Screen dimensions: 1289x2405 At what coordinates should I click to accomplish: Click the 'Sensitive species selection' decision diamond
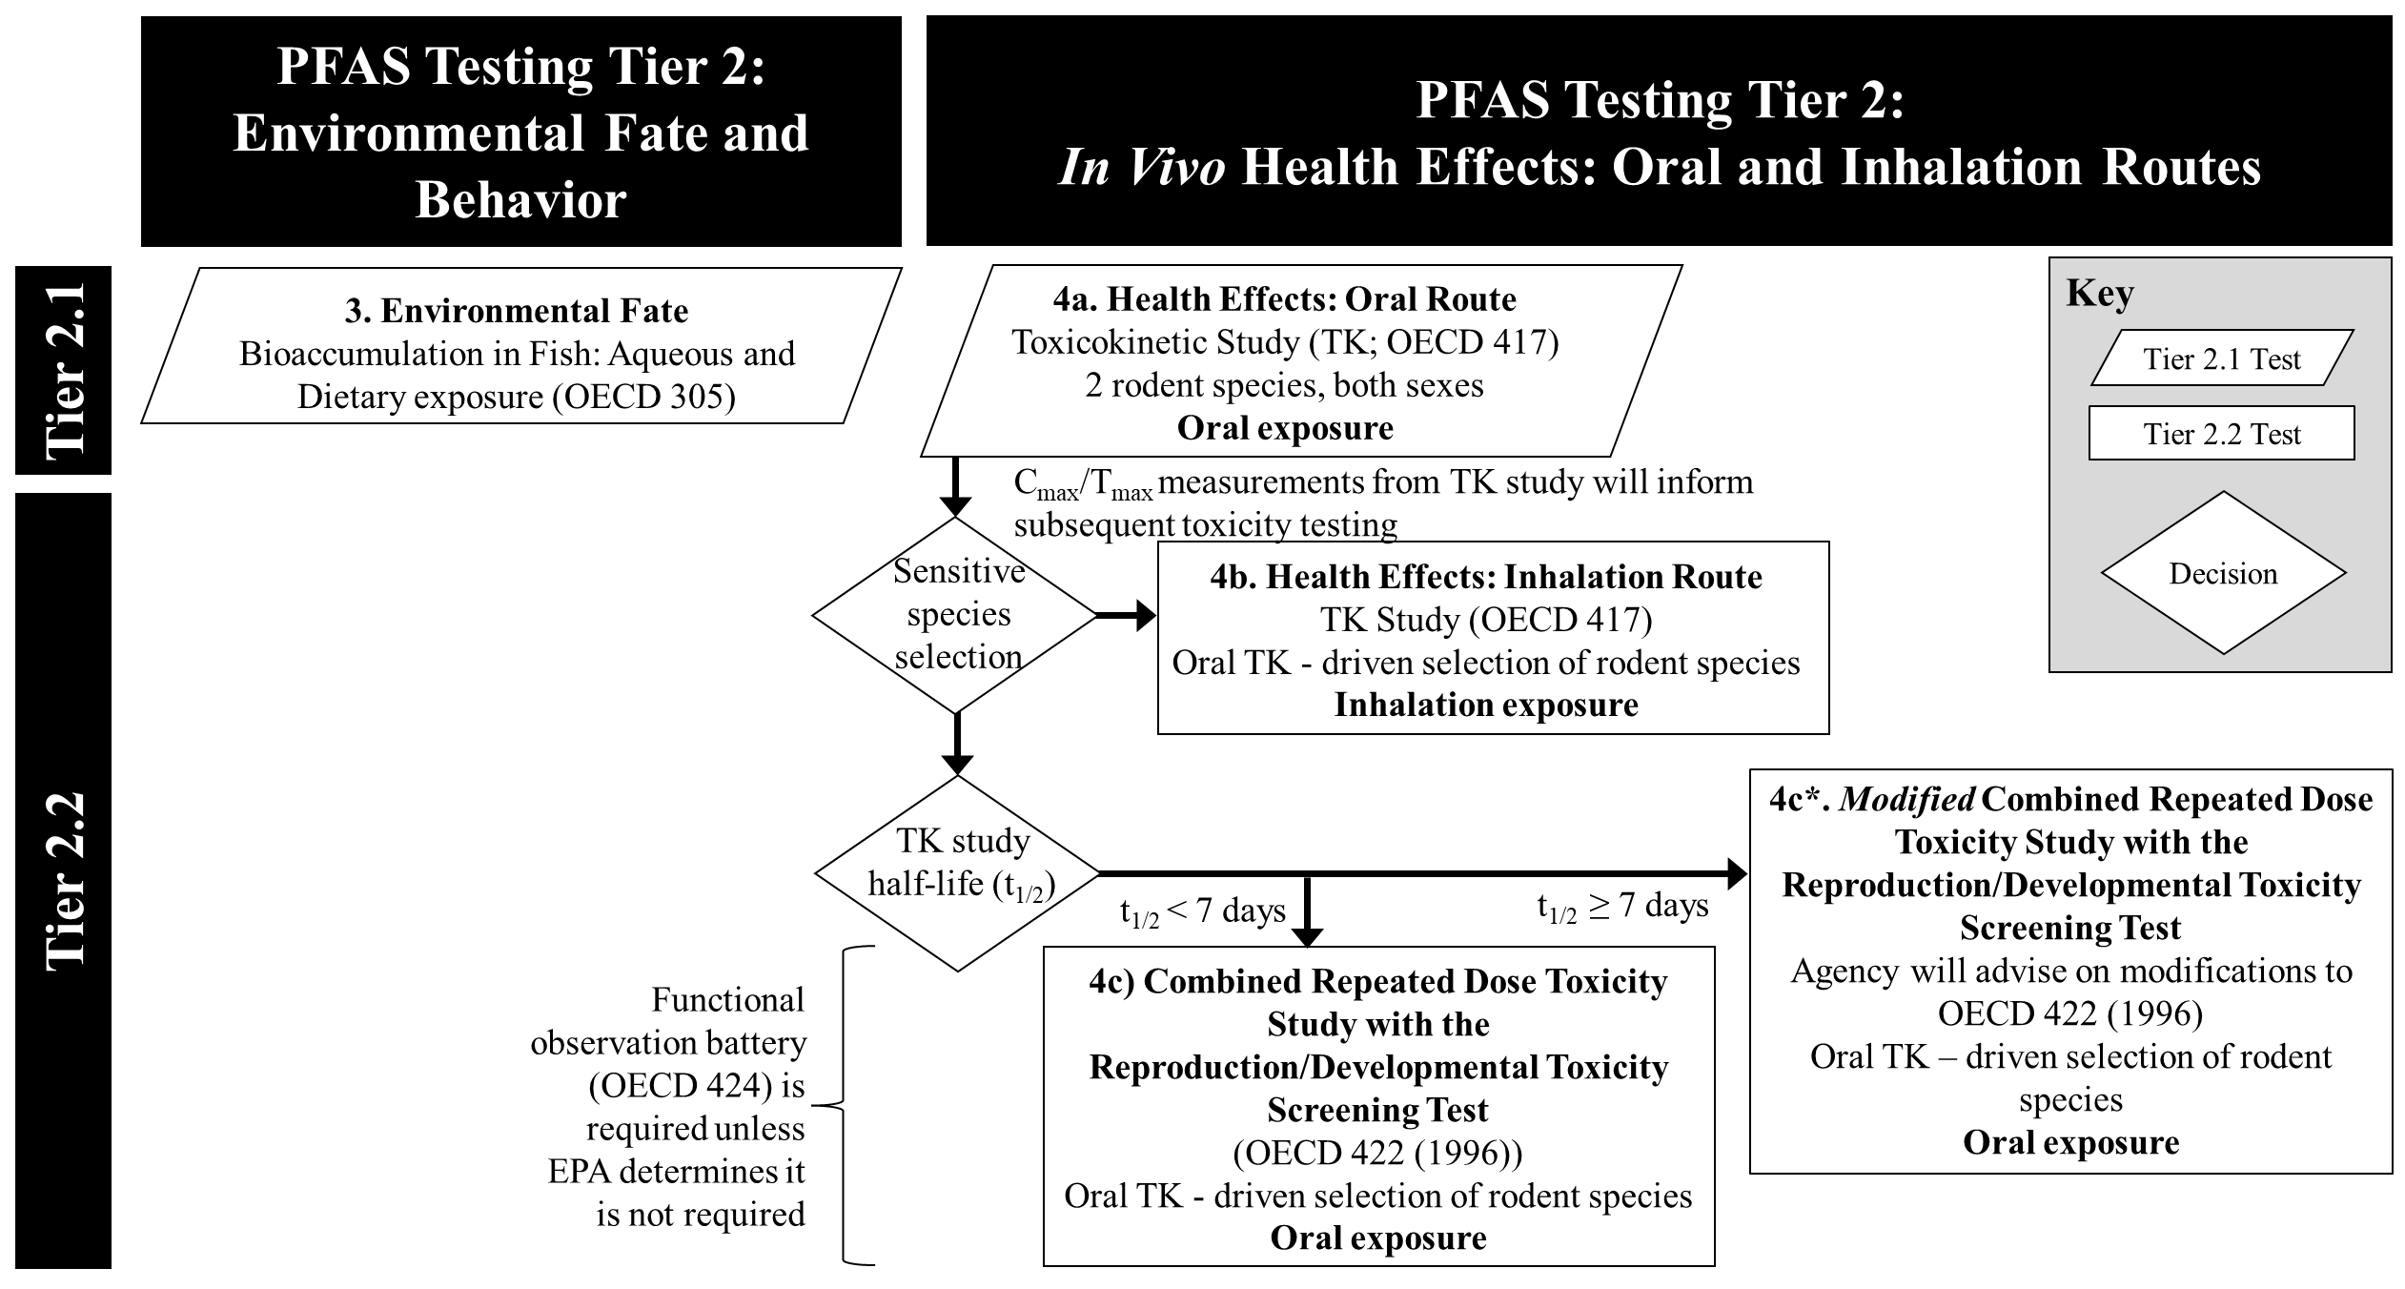(957, 615)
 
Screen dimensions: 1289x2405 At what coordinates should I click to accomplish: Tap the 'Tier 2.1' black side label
(64, 370)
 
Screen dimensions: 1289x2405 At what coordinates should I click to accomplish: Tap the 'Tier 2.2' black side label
(64, 880)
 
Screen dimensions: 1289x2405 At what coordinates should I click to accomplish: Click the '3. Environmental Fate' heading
(516, 311)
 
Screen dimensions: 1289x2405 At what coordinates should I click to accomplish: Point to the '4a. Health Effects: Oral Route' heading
(1284, 299)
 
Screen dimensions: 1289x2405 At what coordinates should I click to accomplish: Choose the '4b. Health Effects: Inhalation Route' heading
(1485, 577)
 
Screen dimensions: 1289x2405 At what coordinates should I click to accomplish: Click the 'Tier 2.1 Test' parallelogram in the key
(2221, 358)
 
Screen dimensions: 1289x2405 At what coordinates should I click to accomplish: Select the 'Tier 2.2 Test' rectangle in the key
(2221, 434)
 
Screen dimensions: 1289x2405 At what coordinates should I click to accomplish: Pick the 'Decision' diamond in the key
(2223, 573)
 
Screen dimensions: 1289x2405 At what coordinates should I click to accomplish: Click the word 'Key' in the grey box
(2099, 293)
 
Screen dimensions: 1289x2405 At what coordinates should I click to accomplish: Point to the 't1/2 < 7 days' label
(1202, 912)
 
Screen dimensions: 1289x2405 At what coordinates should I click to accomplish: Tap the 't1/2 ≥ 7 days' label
(1621, 907)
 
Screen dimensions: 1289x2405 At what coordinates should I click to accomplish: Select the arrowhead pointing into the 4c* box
(1737, 872)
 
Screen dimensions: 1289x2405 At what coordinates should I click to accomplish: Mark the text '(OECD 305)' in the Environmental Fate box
(643, 397)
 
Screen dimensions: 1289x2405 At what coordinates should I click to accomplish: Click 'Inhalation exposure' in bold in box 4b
(1485, 705)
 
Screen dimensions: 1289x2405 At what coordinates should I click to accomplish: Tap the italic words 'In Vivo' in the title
(1141, 167)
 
